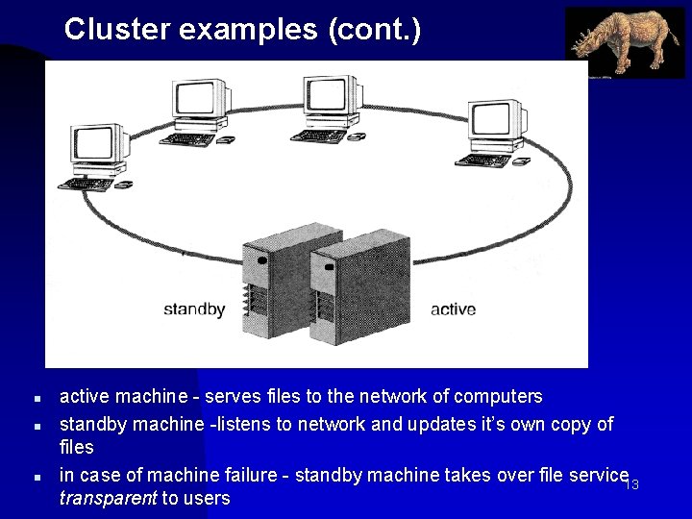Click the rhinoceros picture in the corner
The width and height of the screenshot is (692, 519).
coord(625,42)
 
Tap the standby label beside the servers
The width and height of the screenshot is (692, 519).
coord(194,309)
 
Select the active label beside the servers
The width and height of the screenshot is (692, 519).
coord(453,309)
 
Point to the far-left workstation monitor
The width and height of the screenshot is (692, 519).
coord(98,145)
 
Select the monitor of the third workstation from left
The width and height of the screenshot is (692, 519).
coord(332,99)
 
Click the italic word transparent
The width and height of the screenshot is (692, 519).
coord(108,498)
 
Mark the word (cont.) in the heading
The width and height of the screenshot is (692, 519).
coord(373,30)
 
